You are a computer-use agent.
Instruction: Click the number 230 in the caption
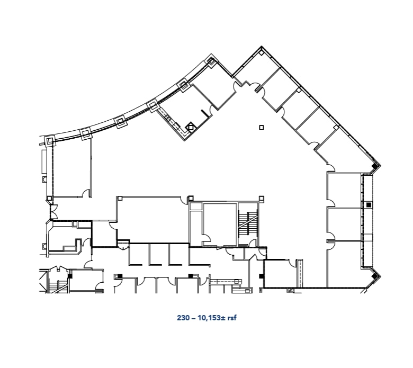click(x=182, y=318)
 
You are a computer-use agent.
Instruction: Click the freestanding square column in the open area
click(x=261, y=127)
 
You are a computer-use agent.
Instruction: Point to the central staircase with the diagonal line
click(x=247, y=224)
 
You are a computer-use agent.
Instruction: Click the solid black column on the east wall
click(x=369, y=204)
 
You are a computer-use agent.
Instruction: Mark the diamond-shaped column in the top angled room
click(x=191, y=127)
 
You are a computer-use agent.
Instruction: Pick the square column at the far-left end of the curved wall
click(x=50, y=141)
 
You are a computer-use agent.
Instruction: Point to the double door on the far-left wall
click(x=53, y=212)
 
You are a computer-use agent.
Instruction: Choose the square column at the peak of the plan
click(x=211, y=61)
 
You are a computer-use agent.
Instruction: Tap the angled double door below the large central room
click(x=123, y=244)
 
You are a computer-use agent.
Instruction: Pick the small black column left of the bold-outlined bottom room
click(x=260, y=276)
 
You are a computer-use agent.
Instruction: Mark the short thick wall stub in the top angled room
click(x=204, y=114)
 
